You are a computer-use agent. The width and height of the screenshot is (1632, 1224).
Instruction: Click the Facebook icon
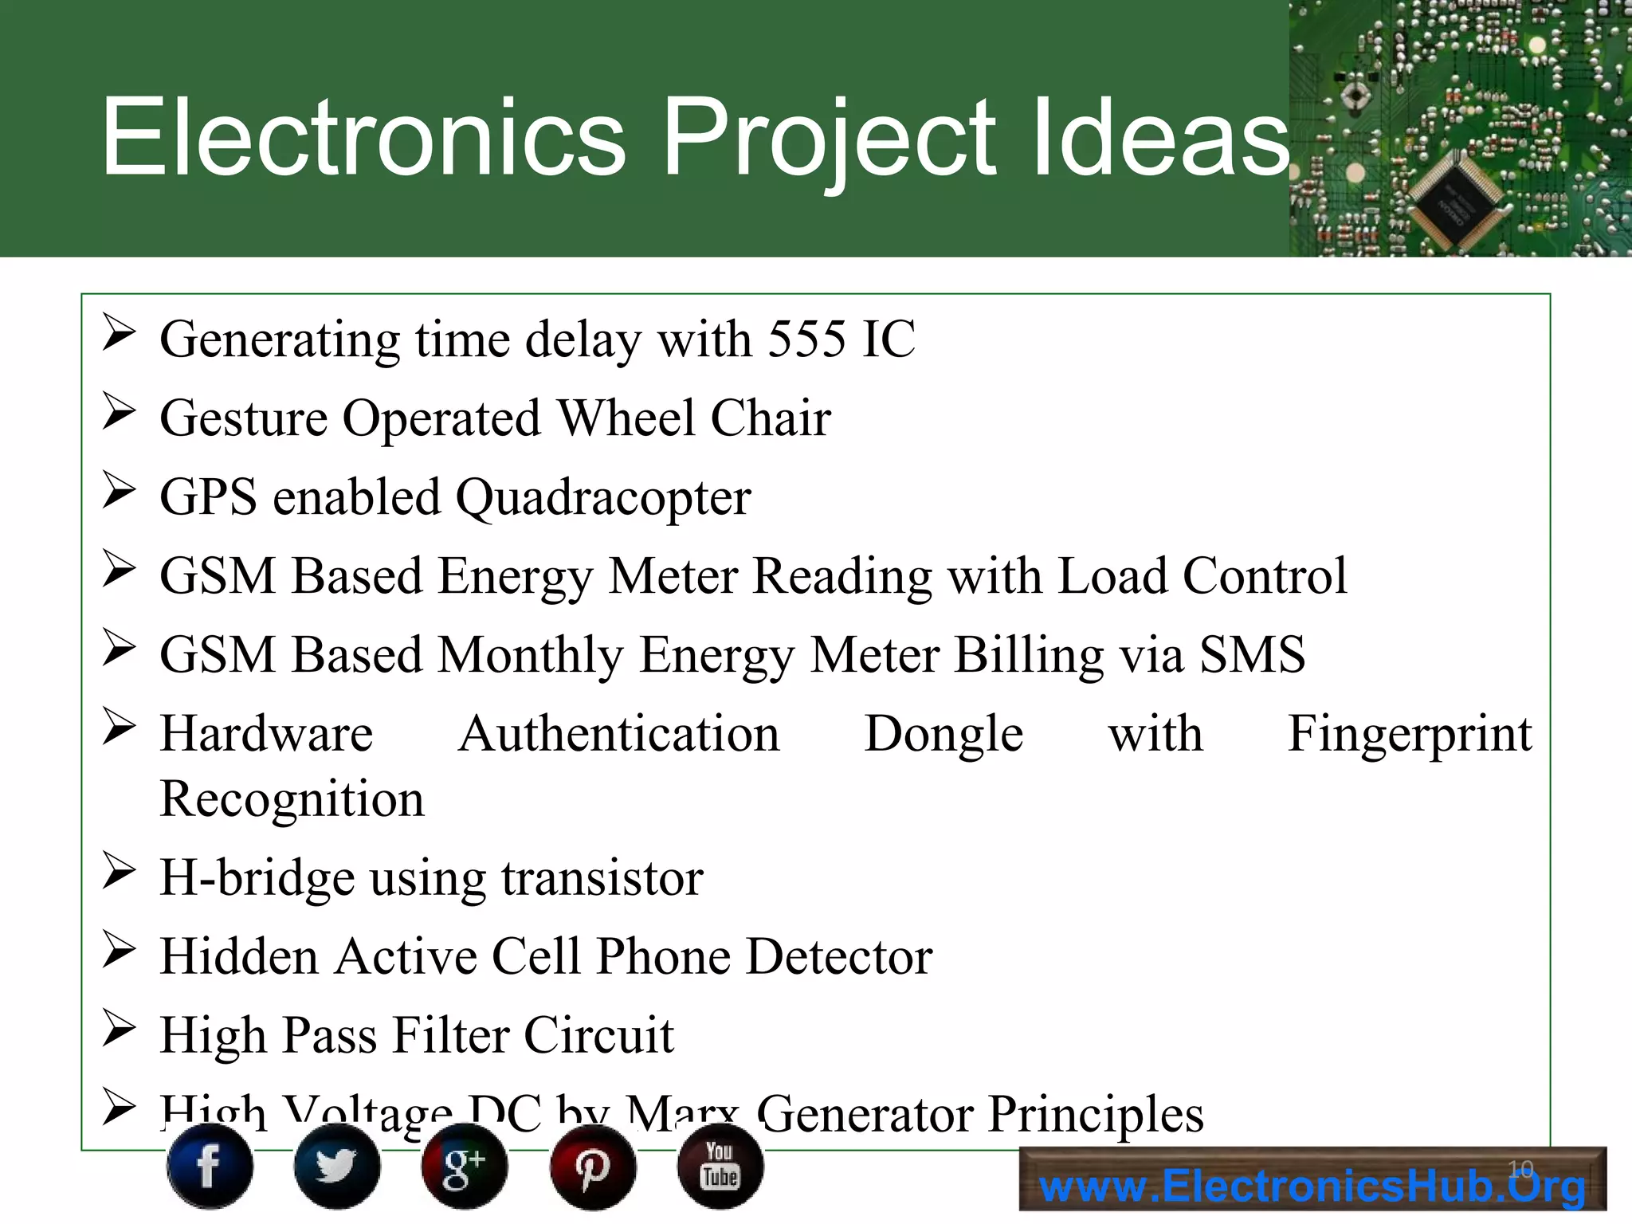coord(210,1167)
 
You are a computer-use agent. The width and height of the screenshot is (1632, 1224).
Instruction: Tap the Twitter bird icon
coord(337,1167)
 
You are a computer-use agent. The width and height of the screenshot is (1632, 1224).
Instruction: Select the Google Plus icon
coord(465,1167)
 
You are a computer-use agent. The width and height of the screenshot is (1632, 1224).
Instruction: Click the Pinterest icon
coord(593,1167)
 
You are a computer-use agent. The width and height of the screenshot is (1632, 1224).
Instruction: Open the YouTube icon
coord(720,1165)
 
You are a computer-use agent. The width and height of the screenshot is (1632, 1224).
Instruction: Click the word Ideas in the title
coord(1159,137)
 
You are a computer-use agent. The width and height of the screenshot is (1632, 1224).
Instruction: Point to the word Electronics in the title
coord(363,137)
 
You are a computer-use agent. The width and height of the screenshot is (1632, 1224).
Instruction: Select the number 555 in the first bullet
coord(806,339)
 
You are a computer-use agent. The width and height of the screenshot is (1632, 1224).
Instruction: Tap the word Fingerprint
coord(1409,734)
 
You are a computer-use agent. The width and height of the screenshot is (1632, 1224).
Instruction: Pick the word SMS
coord(1253,655)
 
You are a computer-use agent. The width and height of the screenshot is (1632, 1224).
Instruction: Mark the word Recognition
coord(292,799)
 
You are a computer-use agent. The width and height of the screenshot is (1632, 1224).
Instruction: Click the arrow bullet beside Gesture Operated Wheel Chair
coord(119,412)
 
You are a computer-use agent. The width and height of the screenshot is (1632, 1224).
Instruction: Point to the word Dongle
coord(943,734)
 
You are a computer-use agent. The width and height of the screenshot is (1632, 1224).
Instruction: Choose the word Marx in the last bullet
coord(684,1114)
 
